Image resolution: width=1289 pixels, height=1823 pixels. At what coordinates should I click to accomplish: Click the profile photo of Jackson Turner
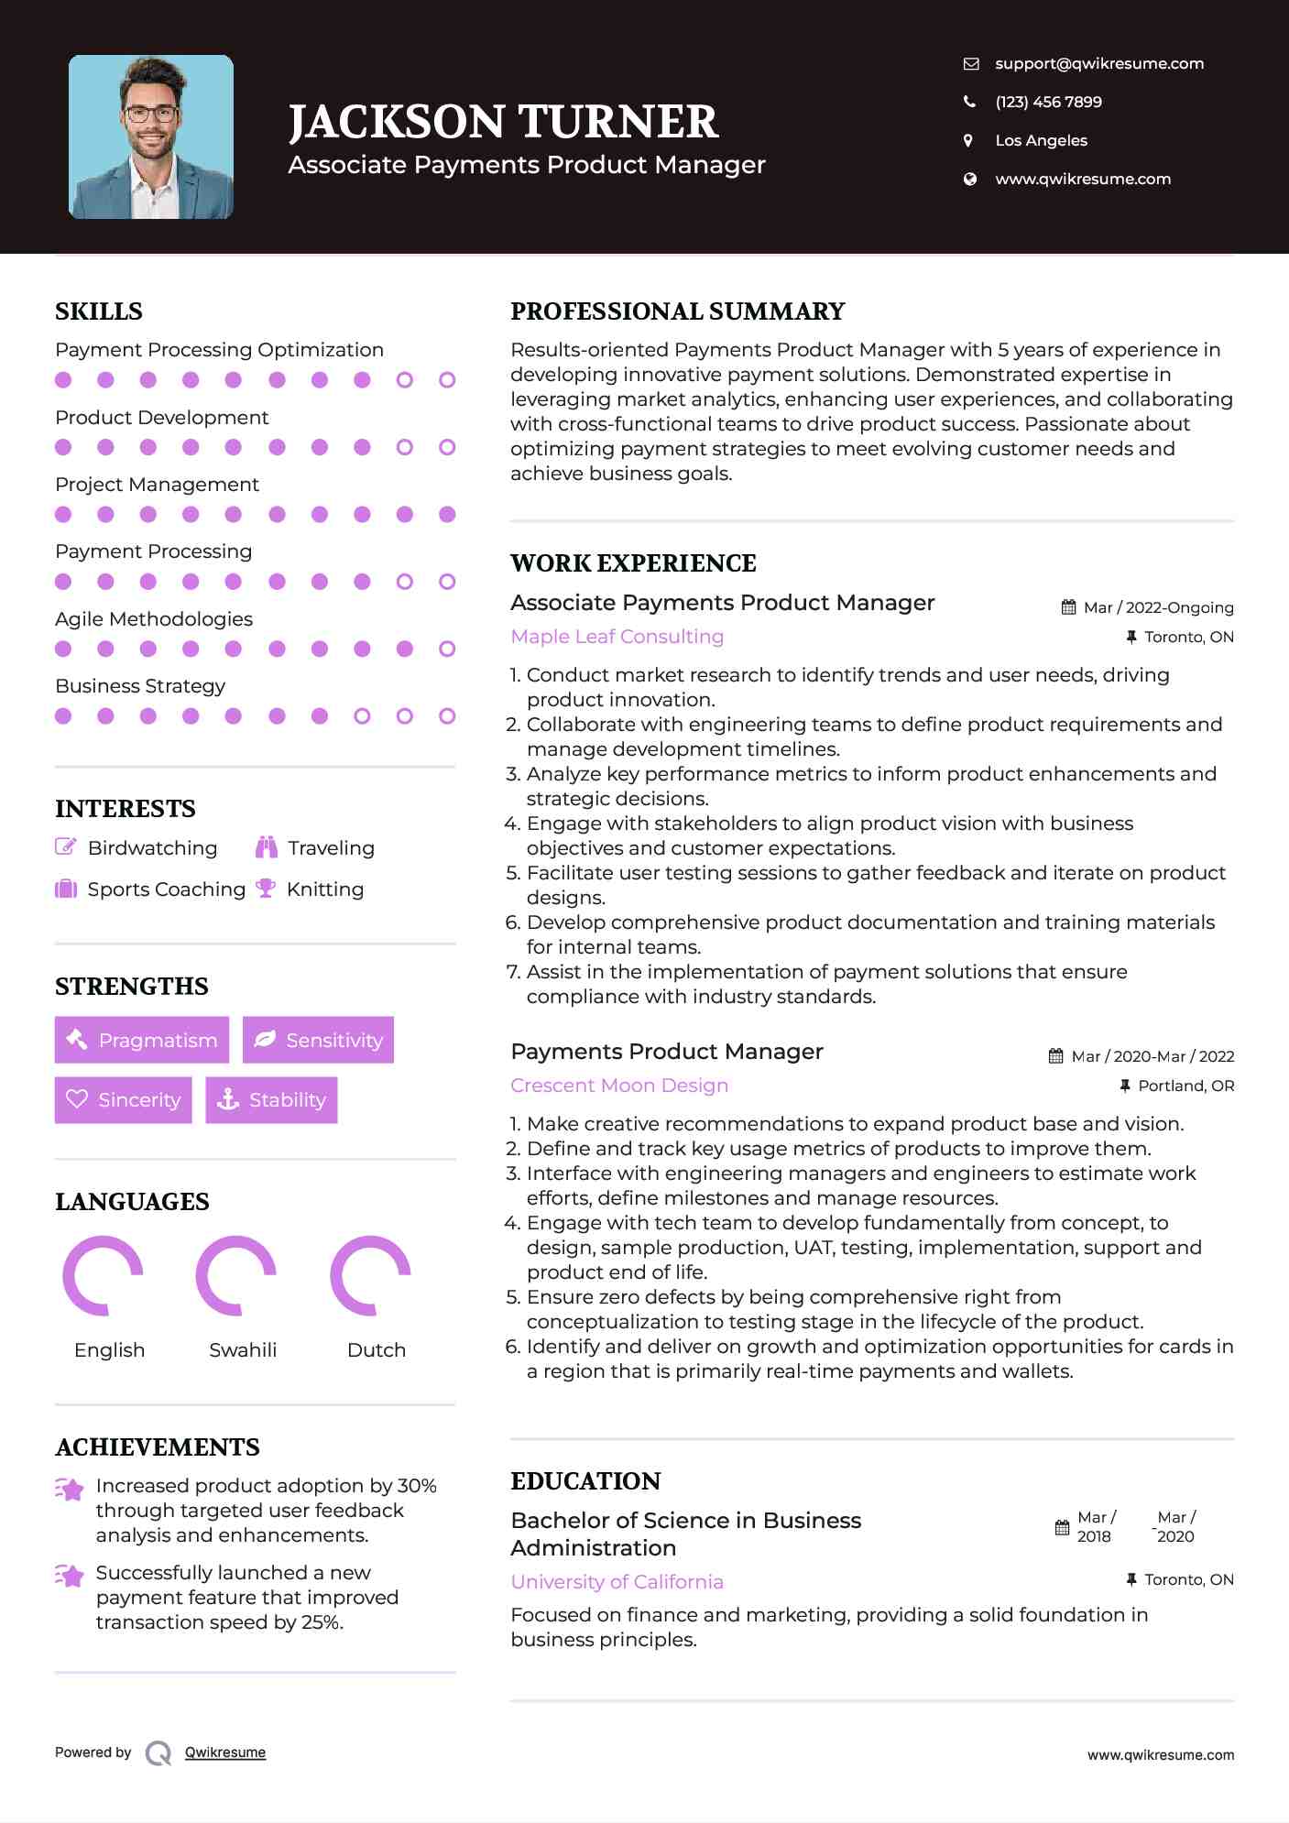[x=151, y=137]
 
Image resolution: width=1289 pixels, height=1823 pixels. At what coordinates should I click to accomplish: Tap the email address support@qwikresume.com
[x=1098, y=63]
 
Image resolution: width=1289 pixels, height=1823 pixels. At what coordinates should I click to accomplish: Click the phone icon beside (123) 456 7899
[x=969, y=102]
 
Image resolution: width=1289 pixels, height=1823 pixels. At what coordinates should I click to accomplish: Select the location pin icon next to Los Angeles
[x=968, y=140]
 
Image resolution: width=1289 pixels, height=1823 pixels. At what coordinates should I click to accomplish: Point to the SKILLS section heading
[x=99, y=311]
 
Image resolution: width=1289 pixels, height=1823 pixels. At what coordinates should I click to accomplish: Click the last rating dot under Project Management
[x=447, y=515]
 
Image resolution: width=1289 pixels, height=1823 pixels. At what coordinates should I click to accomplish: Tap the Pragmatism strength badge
[x=142, y=1040]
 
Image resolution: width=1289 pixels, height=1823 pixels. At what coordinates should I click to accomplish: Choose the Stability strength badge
[x=271, y=1099]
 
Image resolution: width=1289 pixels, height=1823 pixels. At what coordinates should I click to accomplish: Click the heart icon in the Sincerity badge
[x=77, y=1098]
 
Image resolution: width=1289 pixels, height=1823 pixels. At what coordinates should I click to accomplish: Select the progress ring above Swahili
[x=236, y=1275]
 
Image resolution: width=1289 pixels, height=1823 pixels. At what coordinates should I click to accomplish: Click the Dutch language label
[x=376, y=1349]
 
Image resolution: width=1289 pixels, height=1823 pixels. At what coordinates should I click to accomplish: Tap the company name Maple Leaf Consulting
[x=617, y=637]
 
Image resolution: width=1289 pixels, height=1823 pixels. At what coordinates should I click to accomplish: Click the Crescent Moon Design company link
[x=619, y=1086]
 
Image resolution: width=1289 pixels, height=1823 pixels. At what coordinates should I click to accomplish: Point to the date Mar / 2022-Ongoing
[x=1158, y=607]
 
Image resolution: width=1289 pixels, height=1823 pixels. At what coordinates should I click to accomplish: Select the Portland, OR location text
[x=1185, y=1086]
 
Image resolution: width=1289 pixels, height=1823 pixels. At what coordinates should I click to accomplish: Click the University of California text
[x=617, y=1582]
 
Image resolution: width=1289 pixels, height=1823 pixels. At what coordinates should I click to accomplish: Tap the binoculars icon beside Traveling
[x=267, y=847]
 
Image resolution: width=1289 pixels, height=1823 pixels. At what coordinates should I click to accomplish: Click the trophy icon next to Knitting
[x=266, y=888]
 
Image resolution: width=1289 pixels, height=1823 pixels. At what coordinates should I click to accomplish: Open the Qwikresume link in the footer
[x=225, y=1752]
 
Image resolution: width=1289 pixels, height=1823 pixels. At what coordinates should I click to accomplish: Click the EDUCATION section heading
[x=585, y=1481]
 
